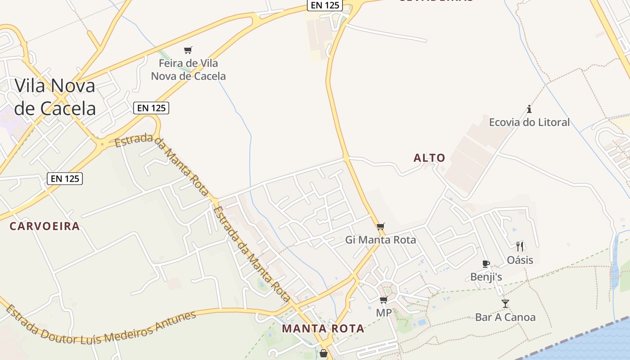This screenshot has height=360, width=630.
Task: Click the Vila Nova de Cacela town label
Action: (x=55, y=97)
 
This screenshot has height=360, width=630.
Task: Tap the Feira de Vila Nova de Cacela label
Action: (x=188, y=70)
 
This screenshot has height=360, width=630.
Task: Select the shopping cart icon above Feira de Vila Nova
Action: (x=188, y=50)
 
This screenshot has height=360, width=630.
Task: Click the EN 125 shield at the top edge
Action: (x=325, y=5)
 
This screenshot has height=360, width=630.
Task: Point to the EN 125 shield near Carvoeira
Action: (x=65, y=179)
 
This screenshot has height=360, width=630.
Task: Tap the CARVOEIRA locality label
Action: (x=45, y=226)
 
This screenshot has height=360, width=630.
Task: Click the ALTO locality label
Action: (x=429, y=158)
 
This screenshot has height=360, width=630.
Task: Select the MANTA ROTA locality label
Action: (x=323, y=328)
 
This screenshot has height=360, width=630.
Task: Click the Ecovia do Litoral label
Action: (x=529, y=122)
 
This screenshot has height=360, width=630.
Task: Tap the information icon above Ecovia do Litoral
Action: (x=529, y=109)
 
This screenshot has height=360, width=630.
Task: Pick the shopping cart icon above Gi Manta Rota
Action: (x=381, y=226)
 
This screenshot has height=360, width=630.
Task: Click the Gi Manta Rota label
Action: (x=381, y=240)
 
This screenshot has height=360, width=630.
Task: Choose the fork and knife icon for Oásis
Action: (x=520, y=246)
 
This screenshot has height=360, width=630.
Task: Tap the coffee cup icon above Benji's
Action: (x=486, y=264)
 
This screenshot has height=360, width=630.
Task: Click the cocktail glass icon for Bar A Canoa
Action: (x=505, y=304)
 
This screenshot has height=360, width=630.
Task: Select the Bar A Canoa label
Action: (x=505, y=317)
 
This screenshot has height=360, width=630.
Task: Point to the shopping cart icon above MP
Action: (x=383, y=300)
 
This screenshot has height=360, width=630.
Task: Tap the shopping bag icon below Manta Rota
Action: (x=323, y=354)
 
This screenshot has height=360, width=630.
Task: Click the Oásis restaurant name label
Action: (x=520, y=260)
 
